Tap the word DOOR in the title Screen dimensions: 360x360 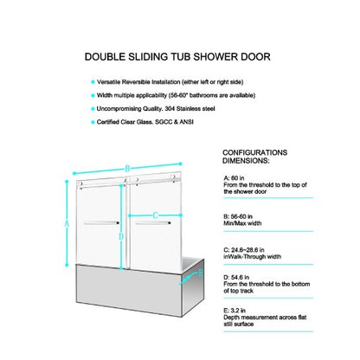coord(254,56)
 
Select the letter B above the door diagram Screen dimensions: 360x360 coord(127,167)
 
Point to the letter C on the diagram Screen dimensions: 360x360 coord(155,215)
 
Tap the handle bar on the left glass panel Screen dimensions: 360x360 coord(102,225)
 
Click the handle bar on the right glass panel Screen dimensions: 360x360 coord(153,225)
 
